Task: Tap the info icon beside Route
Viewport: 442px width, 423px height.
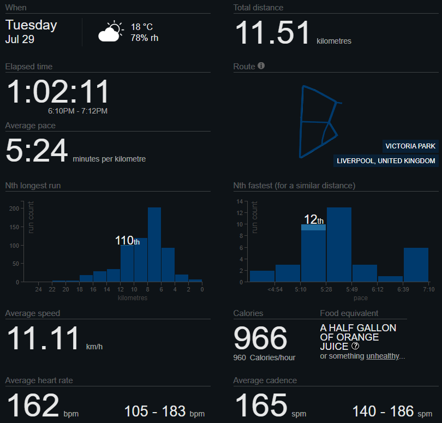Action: click(x=261, y=66)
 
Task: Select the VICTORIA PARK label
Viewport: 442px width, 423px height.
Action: click(x=410, y=146)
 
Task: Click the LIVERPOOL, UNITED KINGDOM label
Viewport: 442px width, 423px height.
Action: click(x=386, y=161)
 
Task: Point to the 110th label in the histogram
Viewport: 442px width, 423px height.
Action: click(x=127, y=240)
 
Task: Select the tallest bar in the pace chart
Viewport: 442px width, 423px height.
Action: click(x=339, y=244)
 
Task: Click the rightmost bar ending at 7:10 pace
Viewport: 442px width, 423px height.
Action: click(x=416, y=264)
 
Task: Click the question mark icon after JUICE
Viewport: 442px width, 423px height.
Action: click(x=355, y=346)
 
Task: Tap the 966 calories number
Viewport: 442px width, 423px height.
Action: click(x=260, y=338)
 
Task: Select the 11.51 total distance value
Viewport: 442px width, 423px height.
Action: click(x=272, y=33)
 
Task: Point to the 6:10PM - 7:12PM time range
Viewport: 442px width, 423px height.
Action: click(x=78, y=111)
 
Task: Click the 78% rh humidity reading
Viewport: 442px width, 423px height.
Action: click(x=145, y=38)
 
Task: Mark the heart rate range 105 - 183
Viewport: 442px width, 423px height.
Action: click(x=156, y=410)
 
